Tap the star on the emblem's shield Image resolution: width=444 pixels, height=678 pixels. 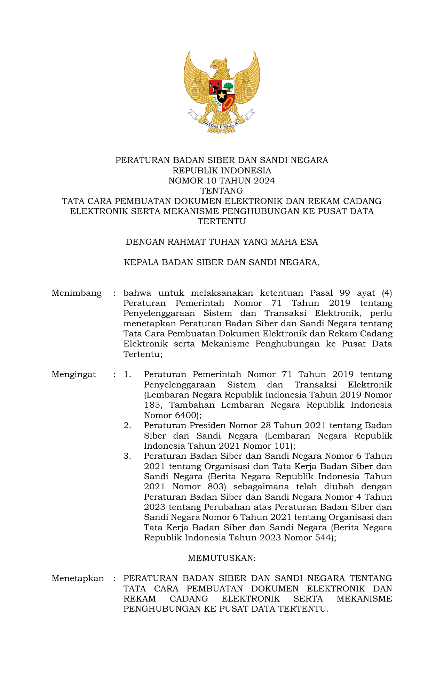[x=222, y=95]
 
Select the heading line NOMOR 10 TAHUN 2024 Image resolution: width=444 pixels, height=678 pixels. [x=222, y=181]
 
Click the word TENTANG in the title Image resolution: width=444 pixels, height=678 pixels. [x=222, y=191]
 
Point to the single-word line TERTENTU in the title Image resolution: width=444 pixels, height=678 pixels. [x=222, y=221]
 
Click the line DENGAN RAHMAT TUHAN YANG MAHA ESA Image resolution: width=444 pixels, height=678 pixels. [x=222, y=242]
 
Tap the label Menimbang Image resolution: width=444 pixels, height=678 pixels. [x=77, y=293]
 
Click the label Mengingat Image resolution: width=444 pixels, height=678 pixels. [x=74, y=374]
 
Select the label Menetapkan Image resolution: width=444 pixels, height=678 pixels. [x=78, y=578]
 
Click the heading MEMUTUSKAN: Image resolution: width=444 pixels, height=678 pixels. [x=222, y=558]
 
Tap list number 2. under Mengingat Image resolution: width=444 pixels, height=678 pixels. [x=127, y=425]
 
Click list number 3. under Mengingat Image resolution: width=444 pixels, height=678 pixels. [x=127, y=456]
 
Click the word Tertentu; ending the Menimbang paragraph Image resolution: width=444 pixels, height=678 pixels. [x=143, y=354]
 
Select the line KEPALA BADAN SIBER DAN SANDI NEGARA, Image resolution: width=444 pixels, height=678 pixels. [x=222, y=262]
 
